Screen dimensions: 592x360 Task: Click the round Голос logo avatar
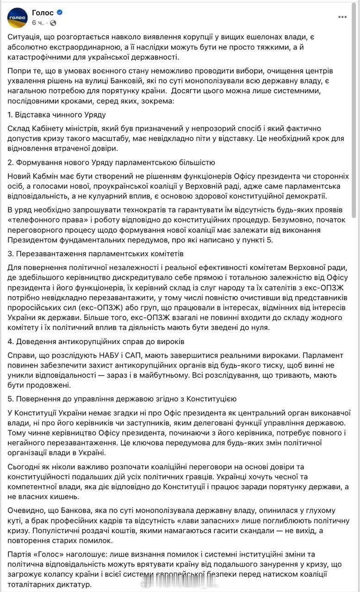[x=17, y=18]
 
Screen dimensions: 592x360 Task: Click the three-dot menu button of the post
[x=342, y=17]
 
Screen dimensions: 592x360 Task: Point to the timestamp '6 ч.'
[x=38, y=23]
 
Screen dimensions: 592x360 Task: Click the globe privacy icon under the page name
[x=53, y=23]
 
